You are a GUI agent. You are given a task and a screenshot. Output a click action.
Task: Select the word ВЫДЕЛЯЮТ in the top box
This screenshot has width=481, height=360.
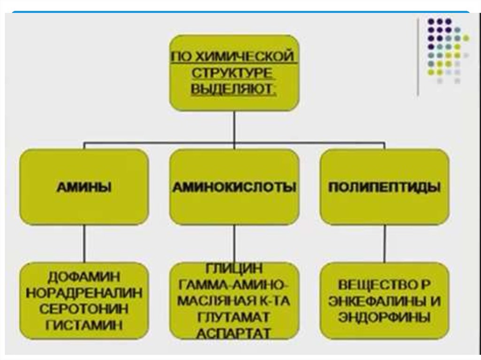233,89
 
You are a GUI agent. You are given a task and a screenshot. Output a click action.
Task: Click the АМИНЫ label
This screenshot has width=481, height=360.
84,187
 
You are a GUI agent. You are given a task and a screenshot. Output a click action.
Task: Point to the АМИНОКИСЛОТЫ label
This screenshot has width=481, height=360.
234,187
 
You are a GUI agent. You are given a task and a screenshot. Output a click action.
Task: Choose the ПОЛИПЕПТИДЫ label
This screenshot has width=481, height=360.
384,187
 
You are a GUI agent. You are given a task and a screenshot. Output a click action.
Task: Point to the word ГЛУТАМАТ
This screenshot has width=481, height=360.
234,317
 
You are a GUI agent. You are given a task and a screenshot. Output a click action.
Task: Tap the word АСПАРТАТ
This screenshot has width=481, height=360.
234,333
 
